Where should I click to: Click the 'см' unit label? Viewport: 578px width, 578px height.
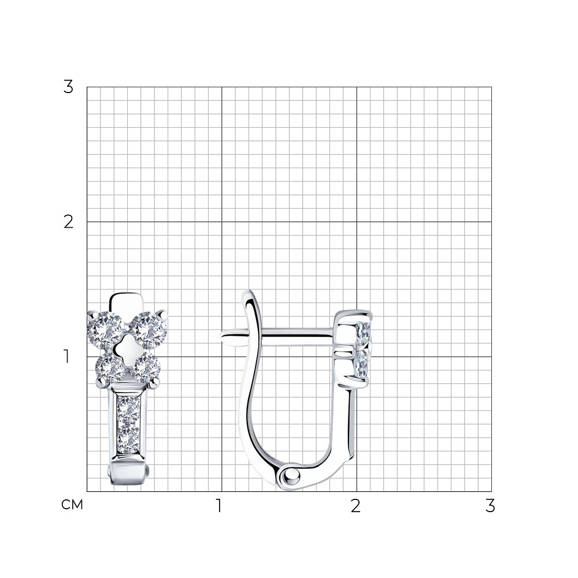coord(72,505)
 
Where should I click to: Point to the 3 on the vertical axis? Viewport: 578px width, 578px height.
coord(69,87)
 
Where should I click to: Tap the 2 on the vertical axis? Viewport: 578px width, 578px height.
coord(69,222)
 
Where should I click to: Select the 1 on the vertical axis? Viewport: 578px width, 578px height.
coord(66,357)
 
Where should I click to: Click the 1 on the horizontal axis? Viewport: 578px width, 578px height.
coord(219,506)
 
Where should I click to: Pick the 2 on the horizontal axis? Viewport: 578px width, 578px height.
coord(355,506)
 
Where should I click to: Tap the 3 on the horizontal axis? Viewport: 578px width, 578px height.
coord(490,506)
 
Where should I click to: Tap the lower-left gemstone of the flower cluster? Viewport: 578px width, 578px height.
coord(110,369)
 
